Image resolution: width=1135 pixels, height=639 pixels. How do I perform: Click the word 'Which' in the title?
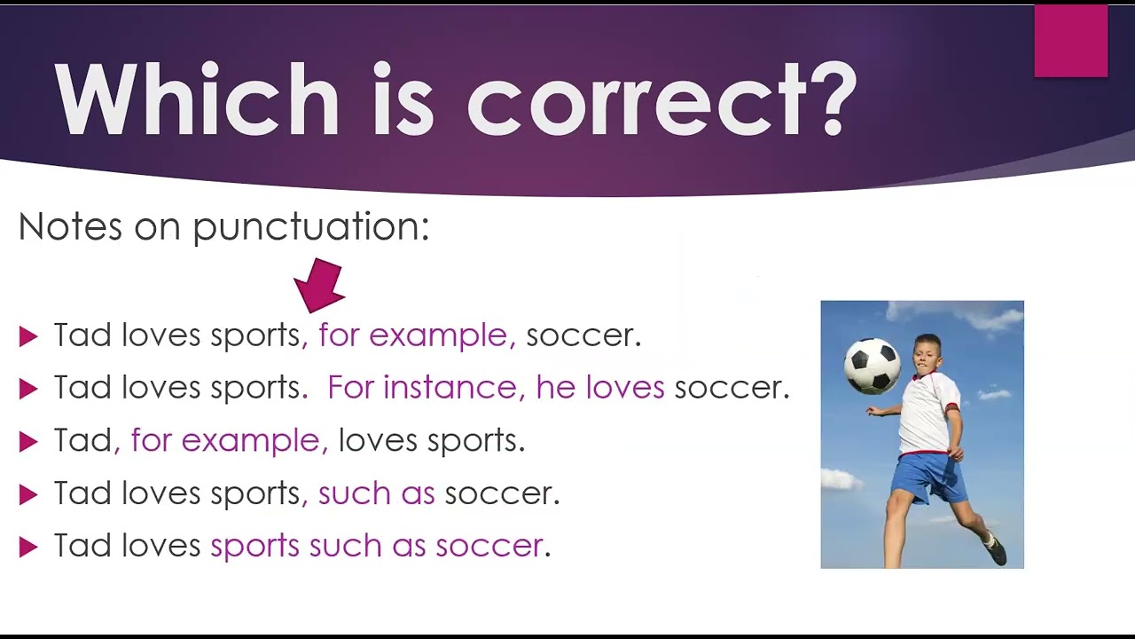[197, 99]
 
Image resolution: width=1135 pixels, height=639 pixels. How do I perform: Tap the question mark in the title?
[830, 99]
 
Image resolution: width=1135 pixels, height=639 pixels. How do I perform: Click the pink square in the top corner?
[1071, 41]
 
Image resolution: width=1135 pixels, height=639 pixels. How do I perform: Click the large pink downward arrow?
[320, 286]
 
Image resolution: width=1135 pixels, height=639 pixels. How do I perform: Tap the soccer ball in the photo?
[873, 367]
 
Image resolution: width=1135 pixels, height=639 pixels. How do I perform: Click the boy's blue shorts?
[928, 477]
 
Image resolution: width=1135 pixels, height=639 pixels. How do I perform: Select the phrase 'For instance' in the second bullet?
[421, 388]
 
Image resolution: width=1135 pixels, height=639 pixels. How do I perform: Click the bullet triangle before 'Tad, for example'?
[28, 442]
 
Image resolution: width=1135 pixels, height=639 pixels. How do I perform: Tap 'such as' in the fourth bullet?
[377, 493]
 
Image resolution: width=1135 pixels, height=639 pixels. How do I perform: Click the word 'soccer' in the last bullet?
[489, 546]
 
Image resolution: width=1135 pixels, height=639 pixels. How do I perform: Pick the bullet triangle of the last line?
[28, 548]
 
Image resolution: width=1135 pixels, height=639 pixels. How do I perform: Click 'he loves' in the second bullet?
[600, 388]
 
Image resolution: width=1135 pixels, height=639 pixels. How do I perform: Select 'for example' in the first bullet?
[413, 336]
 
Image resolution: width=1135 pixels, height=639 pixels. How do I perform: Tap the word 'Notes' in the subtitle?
[70, 226]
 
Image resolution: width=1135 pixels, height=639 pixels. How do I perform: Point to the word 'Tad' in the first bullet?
[82, 335]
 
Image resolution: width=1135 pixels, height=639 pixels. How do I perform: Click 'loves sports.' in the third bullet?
[432, 441]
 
